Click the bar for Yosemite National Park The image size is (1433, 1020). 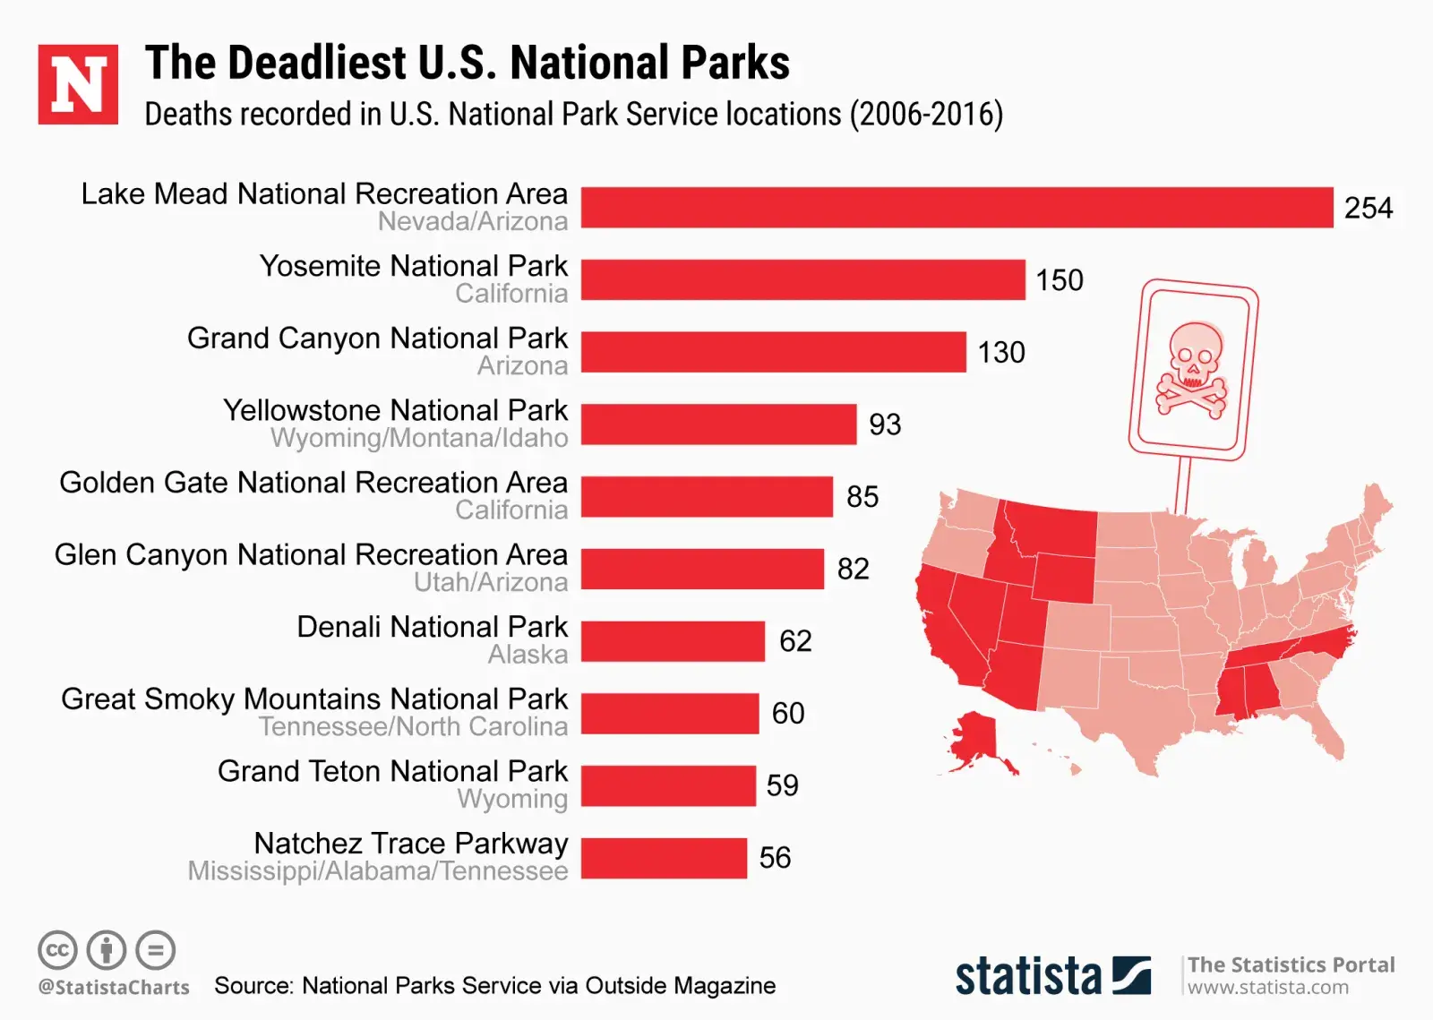tap(802, 279)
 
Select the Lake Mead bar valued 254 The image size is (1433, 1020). tap(957, 207)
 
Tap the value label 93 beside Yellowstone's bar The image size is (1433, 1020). tap(885, 424)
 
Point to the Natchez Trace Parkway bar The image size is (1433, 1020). tap(664, 858)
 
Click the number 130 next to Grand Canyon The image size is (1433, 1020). tap(1000, 352)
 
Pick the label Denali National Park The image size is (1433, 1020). tap(432, 627)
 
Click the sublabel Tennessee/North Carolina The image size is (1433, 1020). tap(413, 726)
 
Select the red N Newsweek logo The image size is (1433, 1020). tap(78, 84)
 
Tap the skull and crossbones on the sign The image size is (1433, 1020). tap(1193, 369)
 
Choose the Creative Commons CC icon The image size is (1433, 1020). tap(57, 950)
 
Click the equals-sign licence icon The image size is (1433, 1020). tap(156, 950)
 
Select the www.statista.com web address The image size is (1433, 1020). tap(1267, 988)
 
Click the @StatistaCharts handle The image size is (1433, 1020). tap(114, 988)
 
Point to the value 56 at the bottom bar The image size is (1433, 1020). tap(775, 858)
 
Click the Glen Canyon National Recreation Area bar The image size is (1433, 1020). tap(702, 569)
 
